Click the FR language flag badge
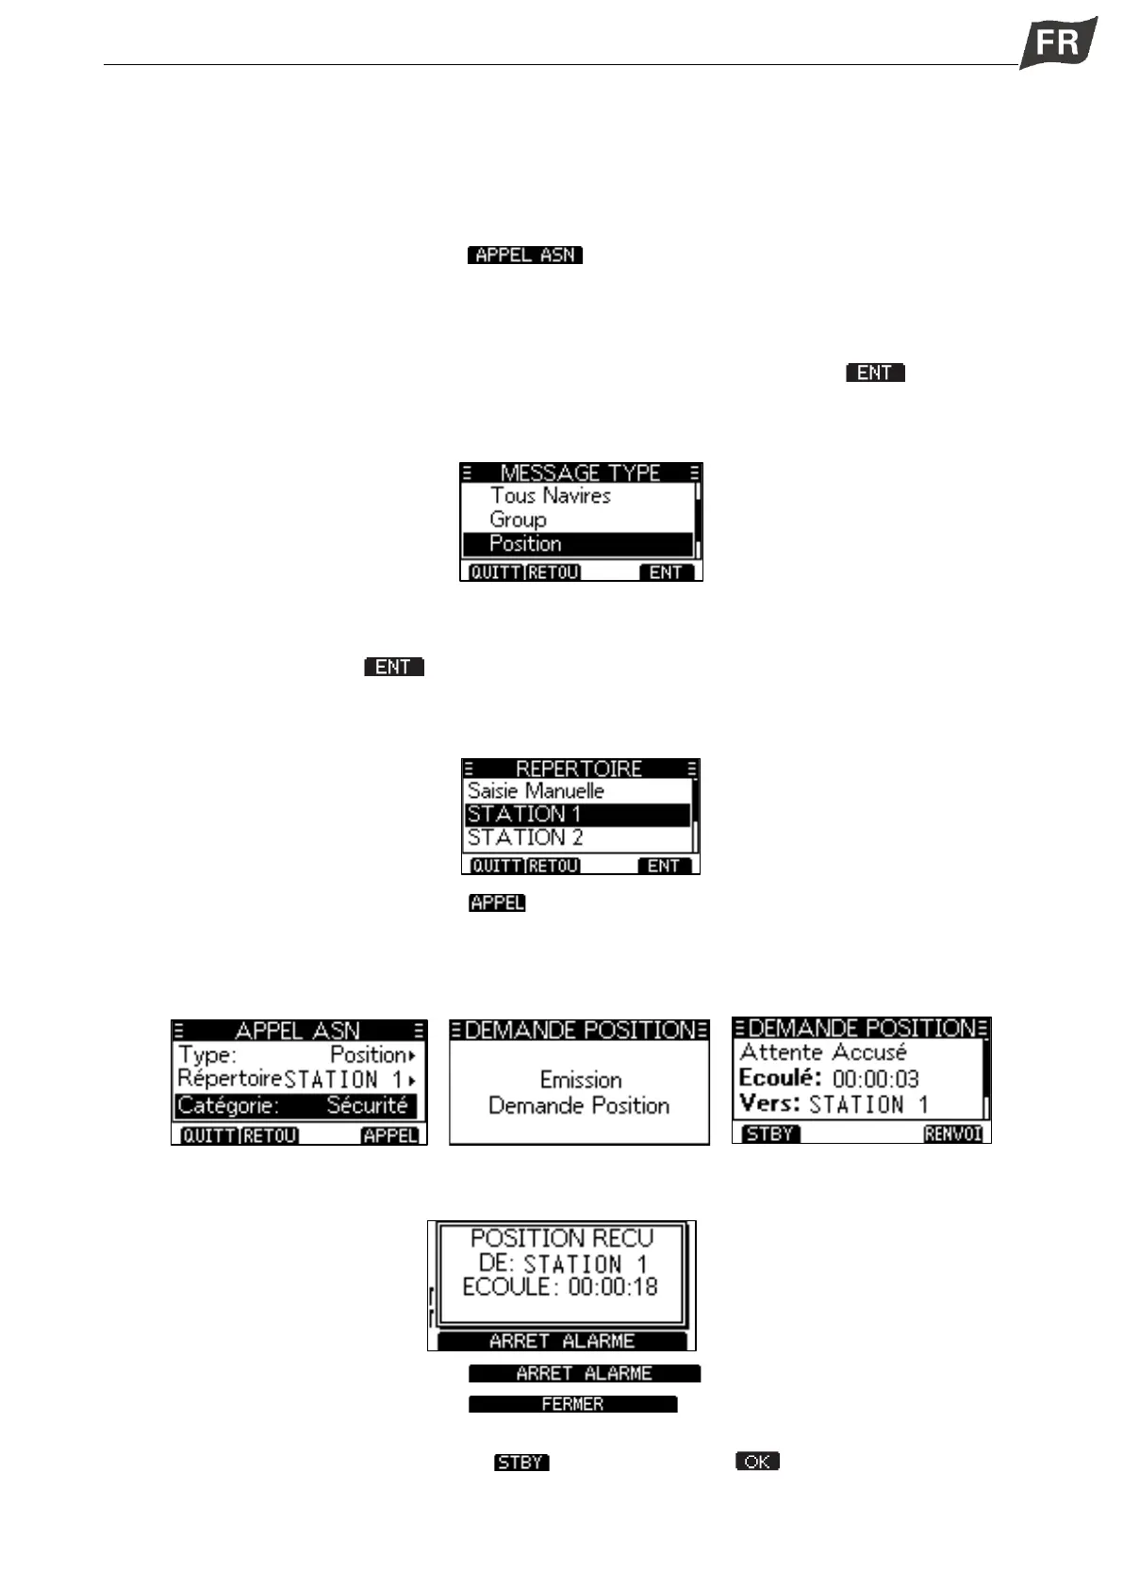1058,42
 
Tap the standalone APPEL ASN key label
525,255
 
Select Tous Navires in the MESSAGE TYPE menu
551,496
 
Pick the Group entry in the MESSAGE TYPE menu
518,520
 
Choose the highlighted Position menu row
577,544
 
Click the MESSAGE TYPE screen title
580,472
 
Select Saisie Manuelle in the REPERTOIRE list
536,791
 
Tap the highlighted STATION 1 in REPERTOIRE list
577,815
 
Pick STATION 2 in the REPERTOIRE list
525,837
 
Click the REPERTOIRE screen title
579,769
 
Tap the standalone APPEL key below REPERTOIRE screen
497,903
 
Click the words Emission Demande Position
579,1093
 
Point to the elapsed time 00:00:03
875,1079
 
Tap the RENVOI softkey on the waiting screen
953,1134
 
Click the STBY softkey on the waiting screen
769,1134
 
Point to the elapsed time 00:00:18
613,1287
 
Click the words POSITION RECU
562,1238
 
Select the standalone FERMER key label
572,1404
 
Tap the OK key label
757,1462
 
